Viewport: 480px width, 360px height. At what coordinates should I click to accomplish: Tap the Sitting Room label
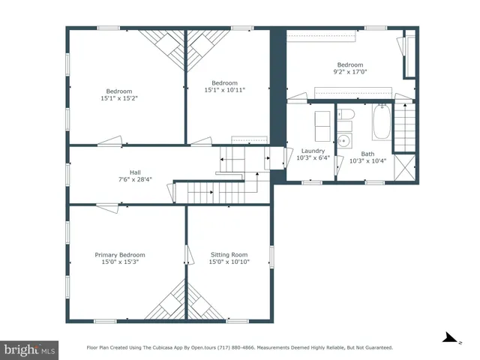tap(229, 254)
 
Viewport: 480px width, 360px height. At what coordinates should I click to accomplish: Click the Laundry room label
tap(313, 151)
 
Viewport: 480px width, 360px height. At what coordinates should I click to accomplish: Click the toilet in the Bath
tap(345, 115)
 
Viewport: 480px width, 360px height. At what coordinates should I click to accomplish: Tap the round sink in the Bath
tap(344, 139)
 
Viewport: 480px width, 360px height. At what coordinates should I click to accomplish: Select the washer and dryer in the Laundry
tap(322, 125)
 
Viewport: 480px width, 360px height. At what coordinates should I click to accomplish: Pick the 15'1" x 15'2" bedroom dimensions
tap(120, 97)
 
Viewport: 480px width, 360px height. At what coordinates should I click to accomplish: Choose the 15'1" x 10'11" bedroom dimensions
tap(224, 90)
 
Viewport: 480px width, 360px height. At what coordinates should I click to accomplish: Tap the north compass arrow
tap(450, 339)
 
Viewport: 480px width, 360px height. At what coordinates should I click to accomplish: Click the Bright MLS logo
tap(29, 349)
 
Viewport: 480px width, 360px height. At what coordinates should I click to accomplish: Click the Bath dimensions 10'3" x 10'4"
tap(367, 160)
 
